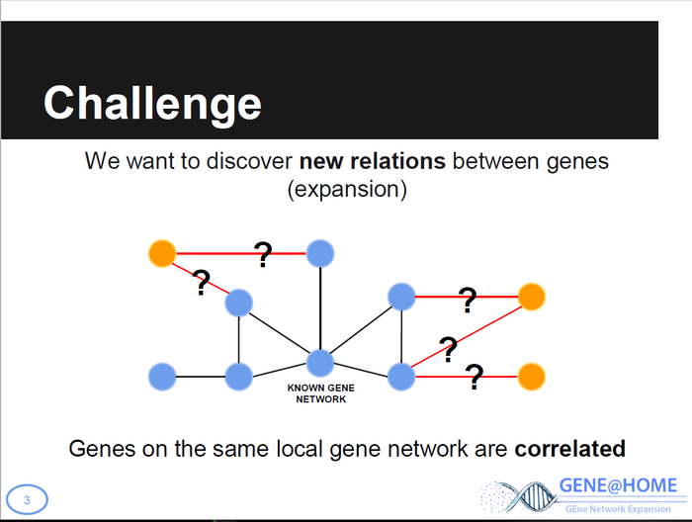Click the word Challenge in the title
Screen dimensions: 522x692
(x=152, y=103)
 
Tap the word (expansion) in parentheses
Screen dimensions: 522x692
(x=346, y=189)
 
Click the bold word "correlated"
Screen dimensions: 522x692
(x=569, y=448)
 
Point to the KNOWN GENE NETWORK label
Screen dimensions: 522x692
(x=321, y=394)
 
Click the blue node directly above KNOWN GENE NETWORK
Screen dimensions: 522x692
(x=320, y=363)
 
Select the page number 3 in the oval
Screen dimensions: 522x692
(x=27, y=500)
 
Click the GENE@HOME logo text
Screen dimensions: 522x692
(x=619, y=485)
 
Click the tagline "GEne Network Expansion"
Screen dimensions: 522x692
(x=619, y=508)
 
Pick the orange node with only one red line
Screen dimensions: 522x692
(x=531, y=377)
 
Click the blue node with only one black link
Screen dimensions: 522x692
(x=161, y=376)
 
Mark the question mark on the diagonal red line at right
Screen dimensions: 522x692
(x=448, y=347)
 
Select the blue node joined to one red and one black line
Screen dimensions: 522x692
(x=320, y=254)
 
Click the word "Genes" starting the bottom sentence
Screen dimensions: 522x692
(x=98, y=448)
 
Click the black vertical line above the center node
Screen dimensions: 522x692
(x=320, y=306)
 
